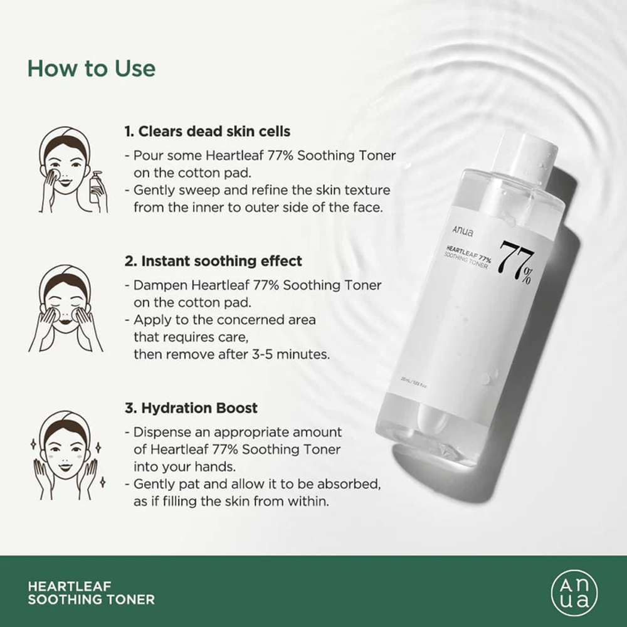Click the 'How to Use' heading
[91, 68]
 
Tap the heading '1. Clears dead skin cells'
[207, 132]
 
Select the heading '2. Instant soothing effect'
[213, 261]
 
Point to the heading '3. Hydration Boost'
[191, 408]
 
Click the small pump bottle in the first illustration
[96, 187]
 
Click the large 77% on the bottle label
[516, 262]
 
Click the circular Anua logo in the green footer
[574, 593]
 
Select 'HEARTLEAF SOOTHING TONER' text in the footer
[92, 593]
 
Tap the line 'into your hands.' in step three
[174, 466]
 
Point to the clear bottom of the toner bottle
[433, 442]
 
